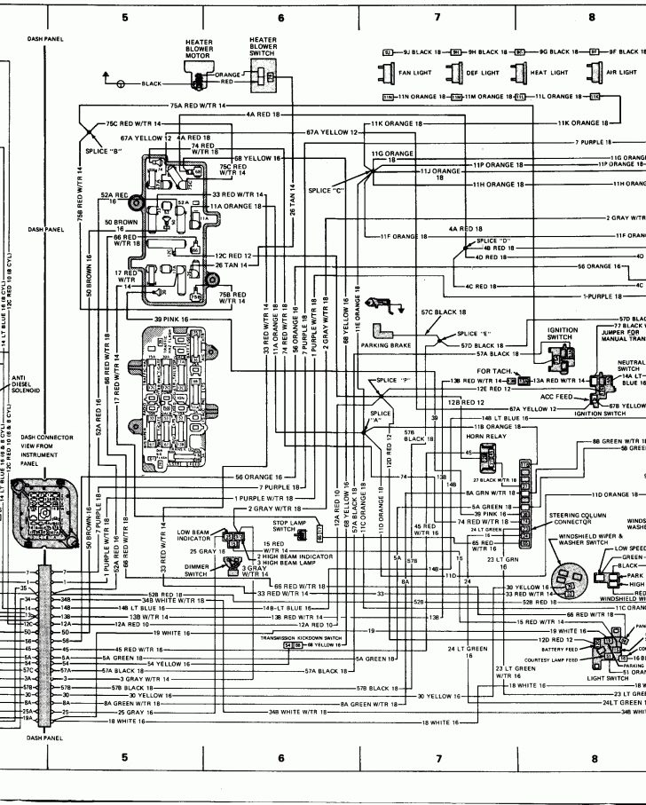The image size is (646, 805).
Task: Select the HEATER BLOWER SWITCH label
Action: coord(263,46)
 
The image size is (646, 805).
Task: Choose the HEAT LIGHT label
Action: coord(549,72)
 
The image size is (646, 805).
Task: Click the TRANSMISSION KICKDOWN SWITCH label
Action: coord(298,637)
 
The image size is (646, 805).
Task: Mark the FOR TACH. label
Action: coord(490,370)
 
